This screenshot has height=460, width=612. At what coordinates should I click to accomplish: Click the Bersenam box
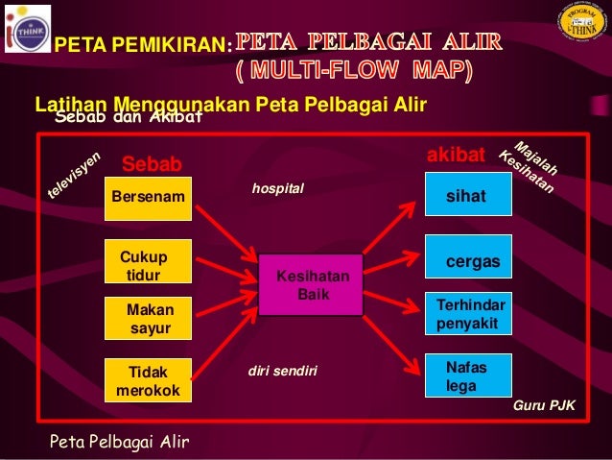[x=149, y=199]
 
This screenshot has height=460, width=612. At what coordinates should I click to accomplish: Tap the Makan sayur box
[x=149, y=319]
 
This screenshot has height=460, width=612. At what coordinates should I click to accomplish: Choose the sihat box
[x=468, y=195]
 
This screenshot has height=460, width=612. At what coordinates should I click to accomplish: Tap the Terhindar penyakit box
[x=468, y=314]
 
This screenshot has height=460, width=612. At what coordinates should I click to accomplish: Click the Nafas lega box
[x=468, y=375]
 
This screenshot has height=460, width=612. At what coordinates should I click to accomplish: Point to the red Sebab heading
[x=152, y=164]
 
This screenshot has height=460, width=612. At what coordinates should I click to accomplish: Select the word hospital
[x=277, y=189]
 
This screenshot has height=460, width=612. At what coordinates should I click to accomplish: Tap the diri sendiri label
[x=282, y=370]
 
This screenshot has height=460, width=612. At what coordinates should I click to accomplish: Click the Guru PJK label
[x=544, y=406]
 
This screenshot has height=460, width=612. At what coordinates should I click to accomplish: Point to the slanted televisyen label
[x=75, y=177]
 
